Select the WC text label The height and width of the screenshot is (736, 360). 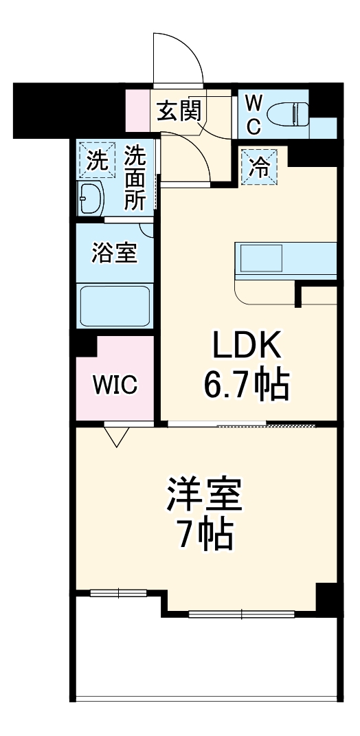[254, 114]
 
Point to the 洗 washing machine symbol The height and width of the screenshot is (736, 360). [97, 161]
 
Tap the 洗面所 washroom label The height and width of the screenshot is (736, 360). [134, 177]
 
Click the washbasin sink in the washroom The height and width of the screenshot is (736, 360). [91, 199]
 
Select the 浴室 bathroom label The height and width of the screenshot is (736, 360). [115, 252]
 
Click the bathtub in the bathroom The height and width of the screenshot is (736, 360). [115, 305]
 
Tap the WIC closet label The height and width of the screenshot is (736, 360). [115, 386]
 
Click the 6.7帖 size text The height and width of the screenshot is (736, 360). [245, 386]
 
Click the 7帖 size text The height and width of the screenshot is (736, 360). [204, 536]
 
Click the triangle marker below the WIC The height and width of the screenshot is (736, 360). [116, 436]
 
